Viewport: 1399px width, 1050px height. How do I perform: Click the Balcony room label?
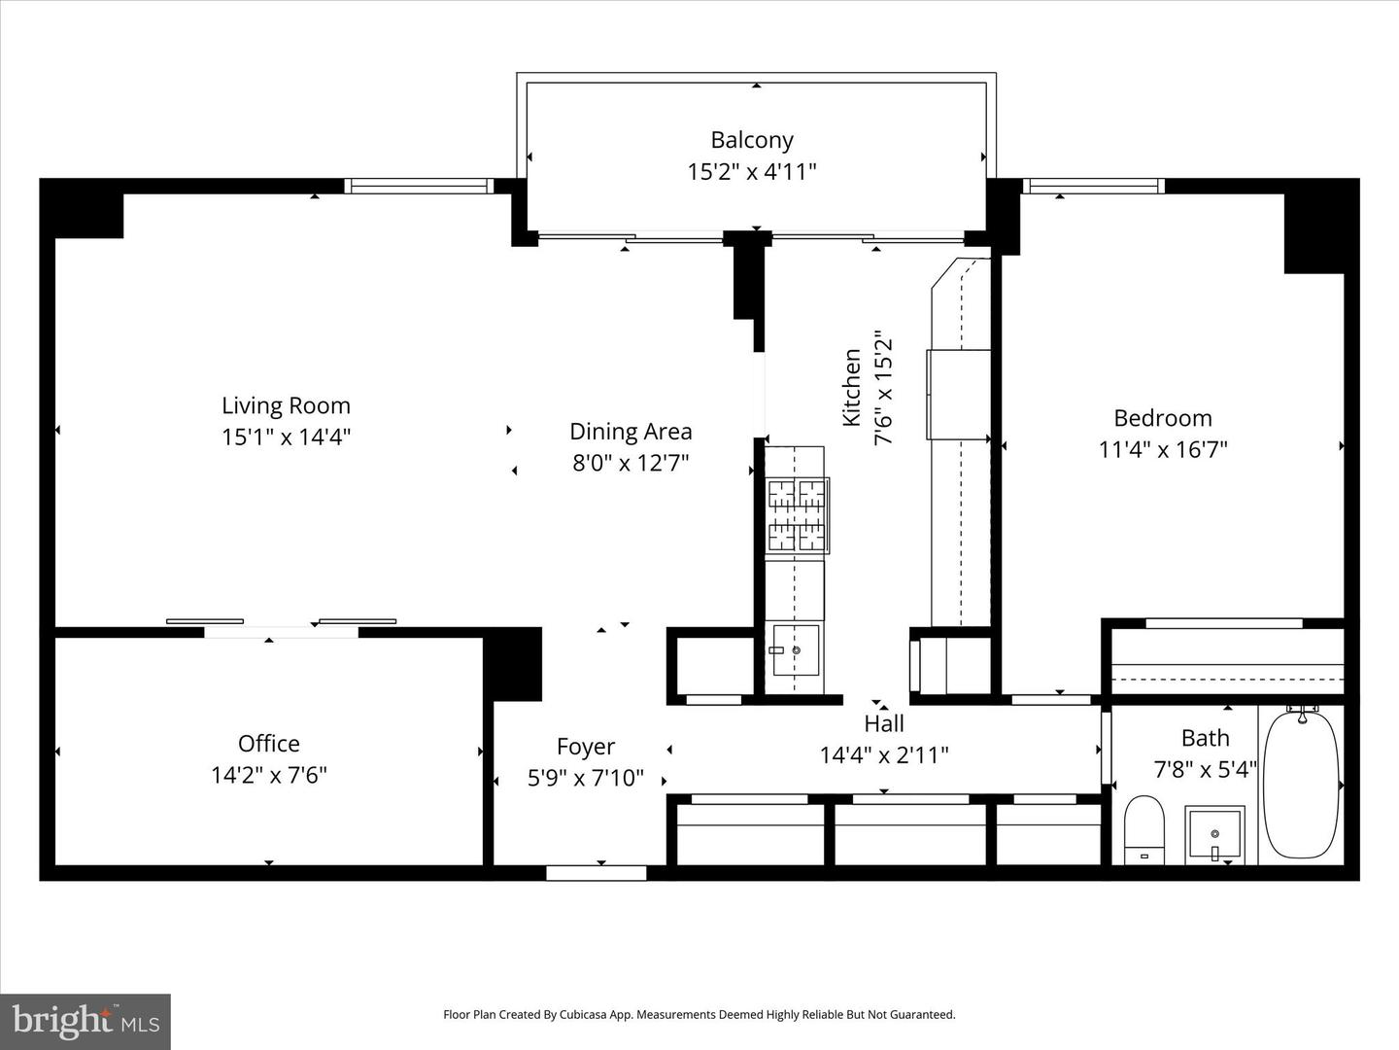pos(751,140)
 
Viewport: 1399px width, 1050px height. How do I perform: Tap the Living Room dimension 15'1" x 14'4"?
pos(286,437)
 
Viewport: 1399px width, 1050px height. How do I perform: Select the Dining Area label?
pos(631,432)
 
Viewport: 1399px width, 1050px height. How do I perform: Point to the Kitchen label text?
pos(852,387)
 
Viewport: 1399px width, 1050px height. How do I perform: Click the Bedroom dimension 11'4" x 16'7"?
pos(1163,450)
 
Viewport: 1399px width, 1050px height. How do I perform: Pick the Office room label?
pos(268,744)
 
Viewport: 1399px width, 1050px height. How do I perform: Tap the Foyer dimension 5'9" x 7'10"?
pos(585,778)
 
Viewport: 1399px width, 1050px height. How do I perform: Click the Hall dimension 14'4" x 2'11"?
pos(883,755)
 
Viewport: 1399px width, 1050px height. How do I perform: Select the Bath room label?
pos(1205,739)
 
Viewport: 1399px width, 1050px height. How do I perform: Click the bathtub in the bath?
pos(1301,784)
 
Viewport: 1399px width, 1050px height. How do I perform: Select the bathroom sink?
pos(1213,833)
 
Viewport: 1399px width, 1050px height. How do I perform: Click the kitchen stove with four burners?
pos(797,516)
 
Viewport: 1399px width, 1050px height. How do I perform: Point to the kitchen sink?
pos(795,649)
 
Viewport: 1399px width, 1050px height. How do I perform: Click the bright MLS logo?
pos(85,1021)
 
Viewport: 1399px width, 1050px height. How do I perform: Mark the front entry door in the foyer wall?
pos(596,873)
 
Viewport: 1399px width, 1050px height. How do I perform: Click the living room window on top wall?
pos(421,186)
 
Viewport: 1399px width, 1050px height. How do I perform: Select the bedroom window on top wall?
pos(1093,186)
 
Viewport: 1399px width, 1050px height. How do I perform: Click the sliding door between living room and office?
pos(281,627)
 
